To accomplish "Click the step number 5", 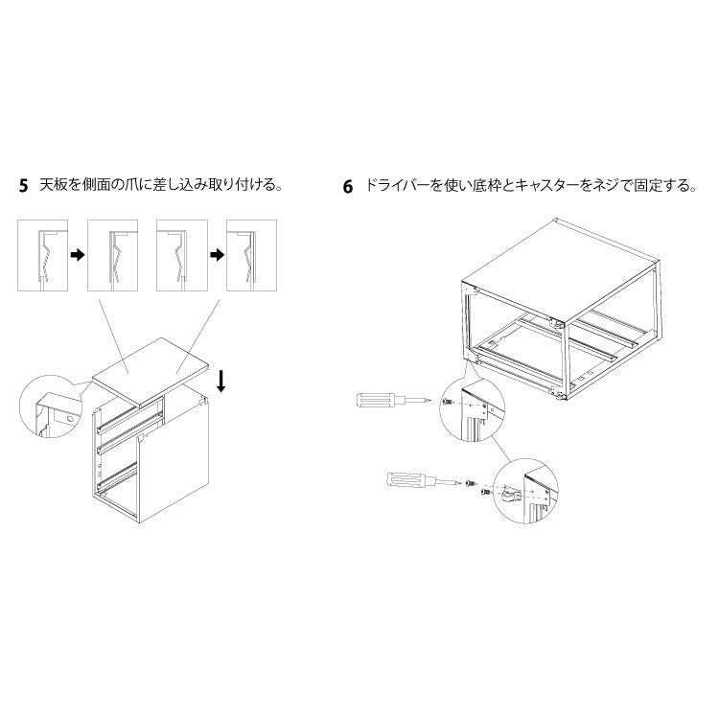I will point(24,185).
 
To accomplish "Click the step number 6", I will point(348,186).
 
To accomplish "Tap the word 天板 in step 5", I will point(51,185).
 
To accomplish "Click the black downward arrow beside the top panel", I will point(221,381).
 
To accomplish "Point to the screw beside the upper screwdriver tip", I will point(449,403).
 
